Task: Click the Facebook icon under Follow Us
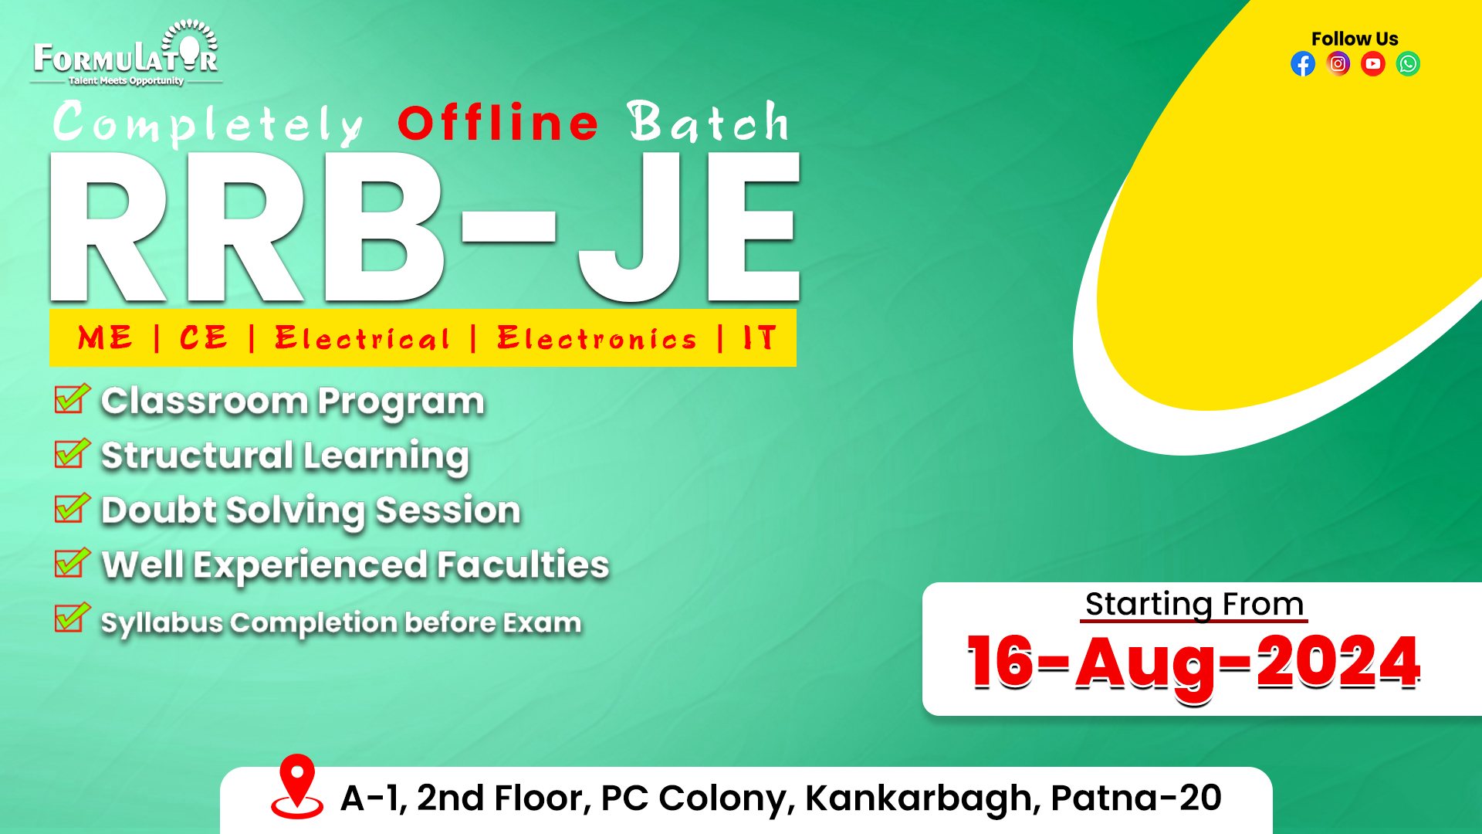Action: [x=1303, y=64]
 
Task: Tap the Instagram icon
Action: [x=1338, y=64]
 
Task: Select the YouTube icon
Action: [x=1373, y=64]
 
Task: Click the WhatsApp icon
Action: [x=1408, y=64]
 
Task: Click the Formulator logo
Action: [x=126, y=53]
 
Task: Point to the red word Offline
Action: [x=498, y=123]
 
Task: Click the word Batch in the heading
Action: [x=709, y=121]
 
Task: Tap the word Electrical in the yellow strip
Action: [x=362, y=338]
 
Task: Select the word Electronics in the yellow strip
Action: [x=597, y=338]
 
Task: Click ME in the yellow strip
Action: [x=105, y=338]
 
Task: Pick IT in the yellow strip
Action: [x=760, y=338]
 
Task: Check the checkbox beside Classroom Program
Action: [x=73, y=398]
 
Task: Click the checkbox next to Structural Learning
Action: [x=73, y=453]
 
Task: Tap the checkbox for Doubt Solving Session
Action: [x=73, y=508]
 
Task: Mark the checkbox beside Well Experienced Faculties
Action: [x=73, y=563]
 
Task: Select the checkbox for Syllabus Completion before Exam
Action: [x=73, y=618]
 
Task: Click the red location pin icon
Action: [x=297, y=786]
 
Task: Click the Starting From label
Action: [x=1194, y=605]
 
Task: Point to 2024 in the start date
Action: [x=1338, y=662]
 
